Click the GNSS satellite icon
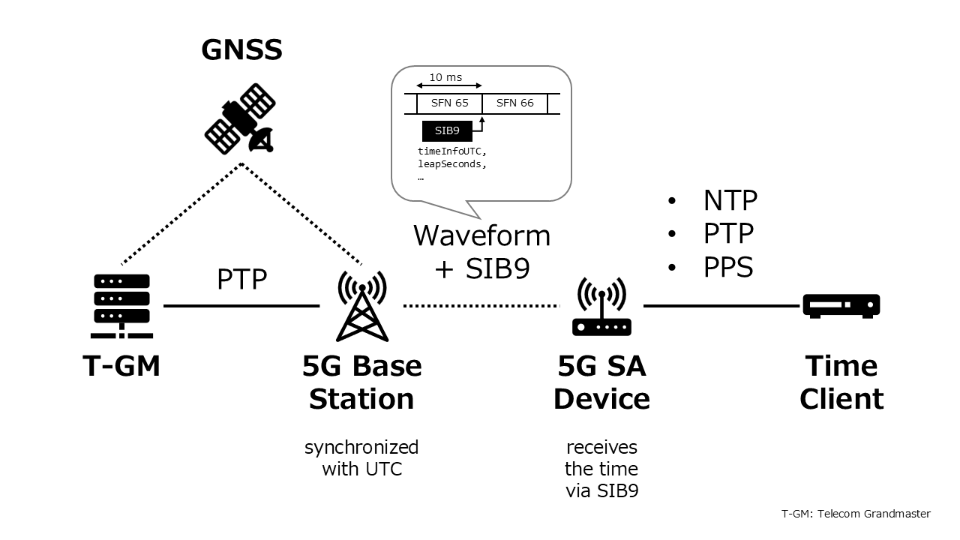click(239, 119)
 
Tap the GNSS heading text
click(241, 49)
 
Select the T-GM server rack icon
click(122, 306)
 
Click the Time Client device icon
click(841, 306)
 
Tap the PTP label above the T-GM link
click(241, 279)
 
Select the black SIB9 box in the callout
click(447, 131)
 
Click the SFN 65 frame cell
click(449, 103)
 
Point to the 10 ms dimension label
click(445, 77)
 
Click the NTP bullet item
click(730, 200)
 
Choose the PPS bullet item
click(727, 267)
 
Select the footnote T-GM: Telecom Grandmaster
click(855, 514)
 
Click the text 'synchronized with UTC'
click(361, 458)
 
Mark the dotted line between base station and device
click(481, 306)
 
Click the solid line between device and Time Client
click(721, 306)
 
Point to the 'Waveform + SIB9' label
click(482, 251)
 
